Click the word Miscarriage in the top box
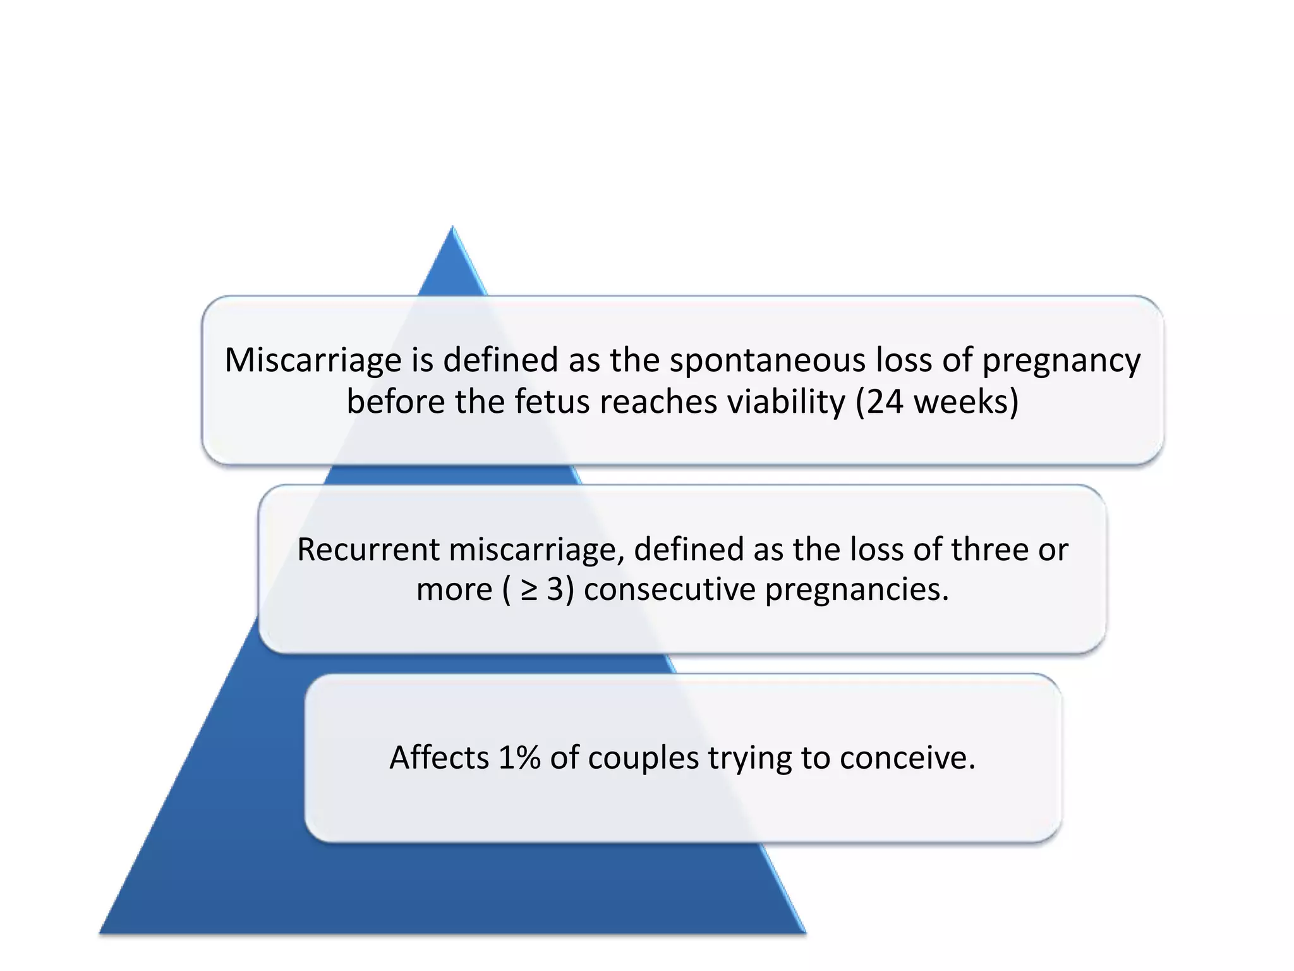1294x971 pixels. click(313, 360)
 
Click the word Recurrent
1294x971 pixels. click(368, 549)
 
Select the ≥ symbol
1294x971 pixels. click(528, 590)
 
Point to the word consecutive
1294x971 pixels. click(669, 590)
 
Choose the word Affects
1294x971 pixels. click(439, 757)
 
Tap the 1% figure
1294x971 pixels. click(519, 757)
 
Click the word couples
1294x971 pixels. click(643, 759)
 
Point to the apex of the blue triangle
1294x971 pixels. click(452, 228)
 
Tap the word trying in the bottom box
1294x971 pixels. click(749, 759)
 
